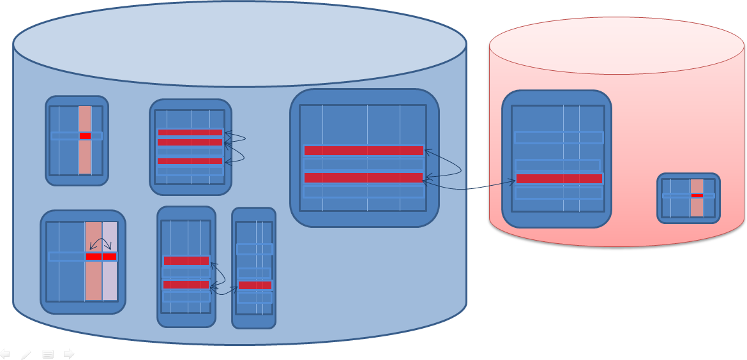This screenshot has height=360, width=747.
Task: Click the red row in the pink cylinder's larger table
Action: [x=559, y=179]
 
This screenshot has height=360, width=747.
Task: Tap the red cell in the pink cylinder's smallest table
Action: [x=697, y=195]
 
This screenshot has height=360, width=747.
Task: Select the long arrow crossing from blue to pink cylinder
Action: [x=469, y=188]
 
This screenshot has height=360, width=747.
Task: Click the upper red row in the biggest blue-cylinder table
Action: [x=364, y=151]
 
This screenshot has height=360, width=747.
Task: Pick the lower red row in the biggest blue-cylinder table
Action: [x=364, y=177]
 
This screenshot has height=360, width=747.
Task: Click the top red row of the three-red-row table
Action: [x=190, y=133]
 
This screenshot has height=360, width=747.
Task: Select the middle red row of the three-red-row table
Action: [x=190, y=142]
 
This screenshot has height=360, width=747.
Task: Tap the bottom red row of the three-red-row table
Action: [x=190, y=161]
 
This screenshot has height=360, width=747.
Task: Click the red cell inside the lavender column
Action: [x=110, y=257]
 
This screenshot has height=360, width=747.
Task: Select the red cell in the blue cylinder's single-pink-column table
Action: [x=85, y=136]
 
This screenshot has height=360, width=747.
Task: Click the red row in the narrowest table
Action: [x=255, y=285]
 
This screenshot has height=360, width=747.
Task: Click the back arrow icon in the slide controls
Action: [x=5, y=354]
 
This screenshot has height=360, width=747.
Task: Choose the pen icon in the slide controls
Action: [x=26, y=354]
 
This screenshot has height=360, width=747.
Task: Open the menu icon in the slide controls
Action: [x=48, y=354]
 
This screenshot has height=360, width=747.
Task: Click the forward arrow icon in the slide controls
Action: [x=69, y=354]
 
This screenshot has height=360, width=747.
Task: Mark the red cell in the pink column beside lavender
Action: [x=94, y=257]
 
